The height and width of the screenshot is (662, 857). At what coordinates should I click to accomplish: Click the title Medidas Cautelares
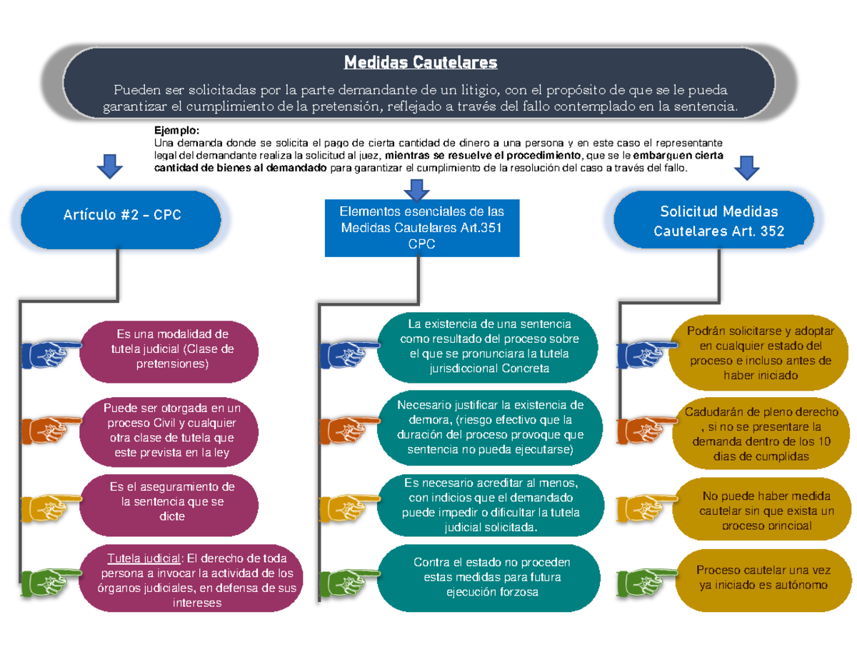pyautogui.click(x=420, y=64)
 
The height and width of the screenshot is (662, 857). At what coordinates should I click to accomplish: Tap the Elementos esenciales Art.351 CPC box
pyautogui.click(x=421, y=227)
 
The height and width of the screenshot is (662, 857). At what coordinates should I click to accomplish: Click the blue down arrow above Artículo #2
pyautogui.click(x=109, y=166)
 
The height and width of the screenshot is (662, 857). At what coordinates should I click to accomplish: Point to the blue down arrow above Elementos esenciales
pyautogui.click(x=416, y=189)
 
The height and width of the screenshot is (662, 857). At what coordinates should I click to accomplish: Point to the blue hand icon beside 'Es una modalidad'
pyautogui.click(x=50, y=352)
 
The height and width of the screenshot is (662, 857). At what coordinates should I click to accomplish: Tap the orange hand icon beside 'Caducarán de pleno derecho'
pyautogui.click(x=646, y=428)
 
